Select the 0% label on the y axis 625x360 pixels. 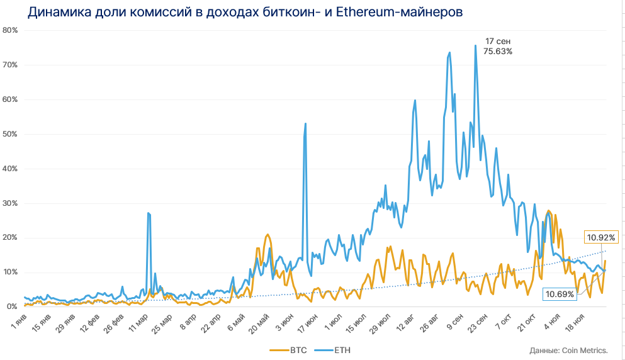pos(12,307)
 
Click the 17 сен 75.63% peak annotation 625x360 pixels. pos(497,46)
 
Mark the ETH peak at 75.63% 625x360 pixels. pos(475,45)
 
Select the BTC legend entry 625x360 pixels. pos(288,349)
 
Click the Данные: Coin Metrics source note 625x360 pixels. pos(568,350)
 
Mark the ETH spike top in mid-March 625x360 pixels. pos(148,213)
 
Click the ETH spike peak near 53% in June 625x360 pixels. pos(305,123)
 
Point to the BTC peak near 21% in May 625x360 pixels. pos(267,235)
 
